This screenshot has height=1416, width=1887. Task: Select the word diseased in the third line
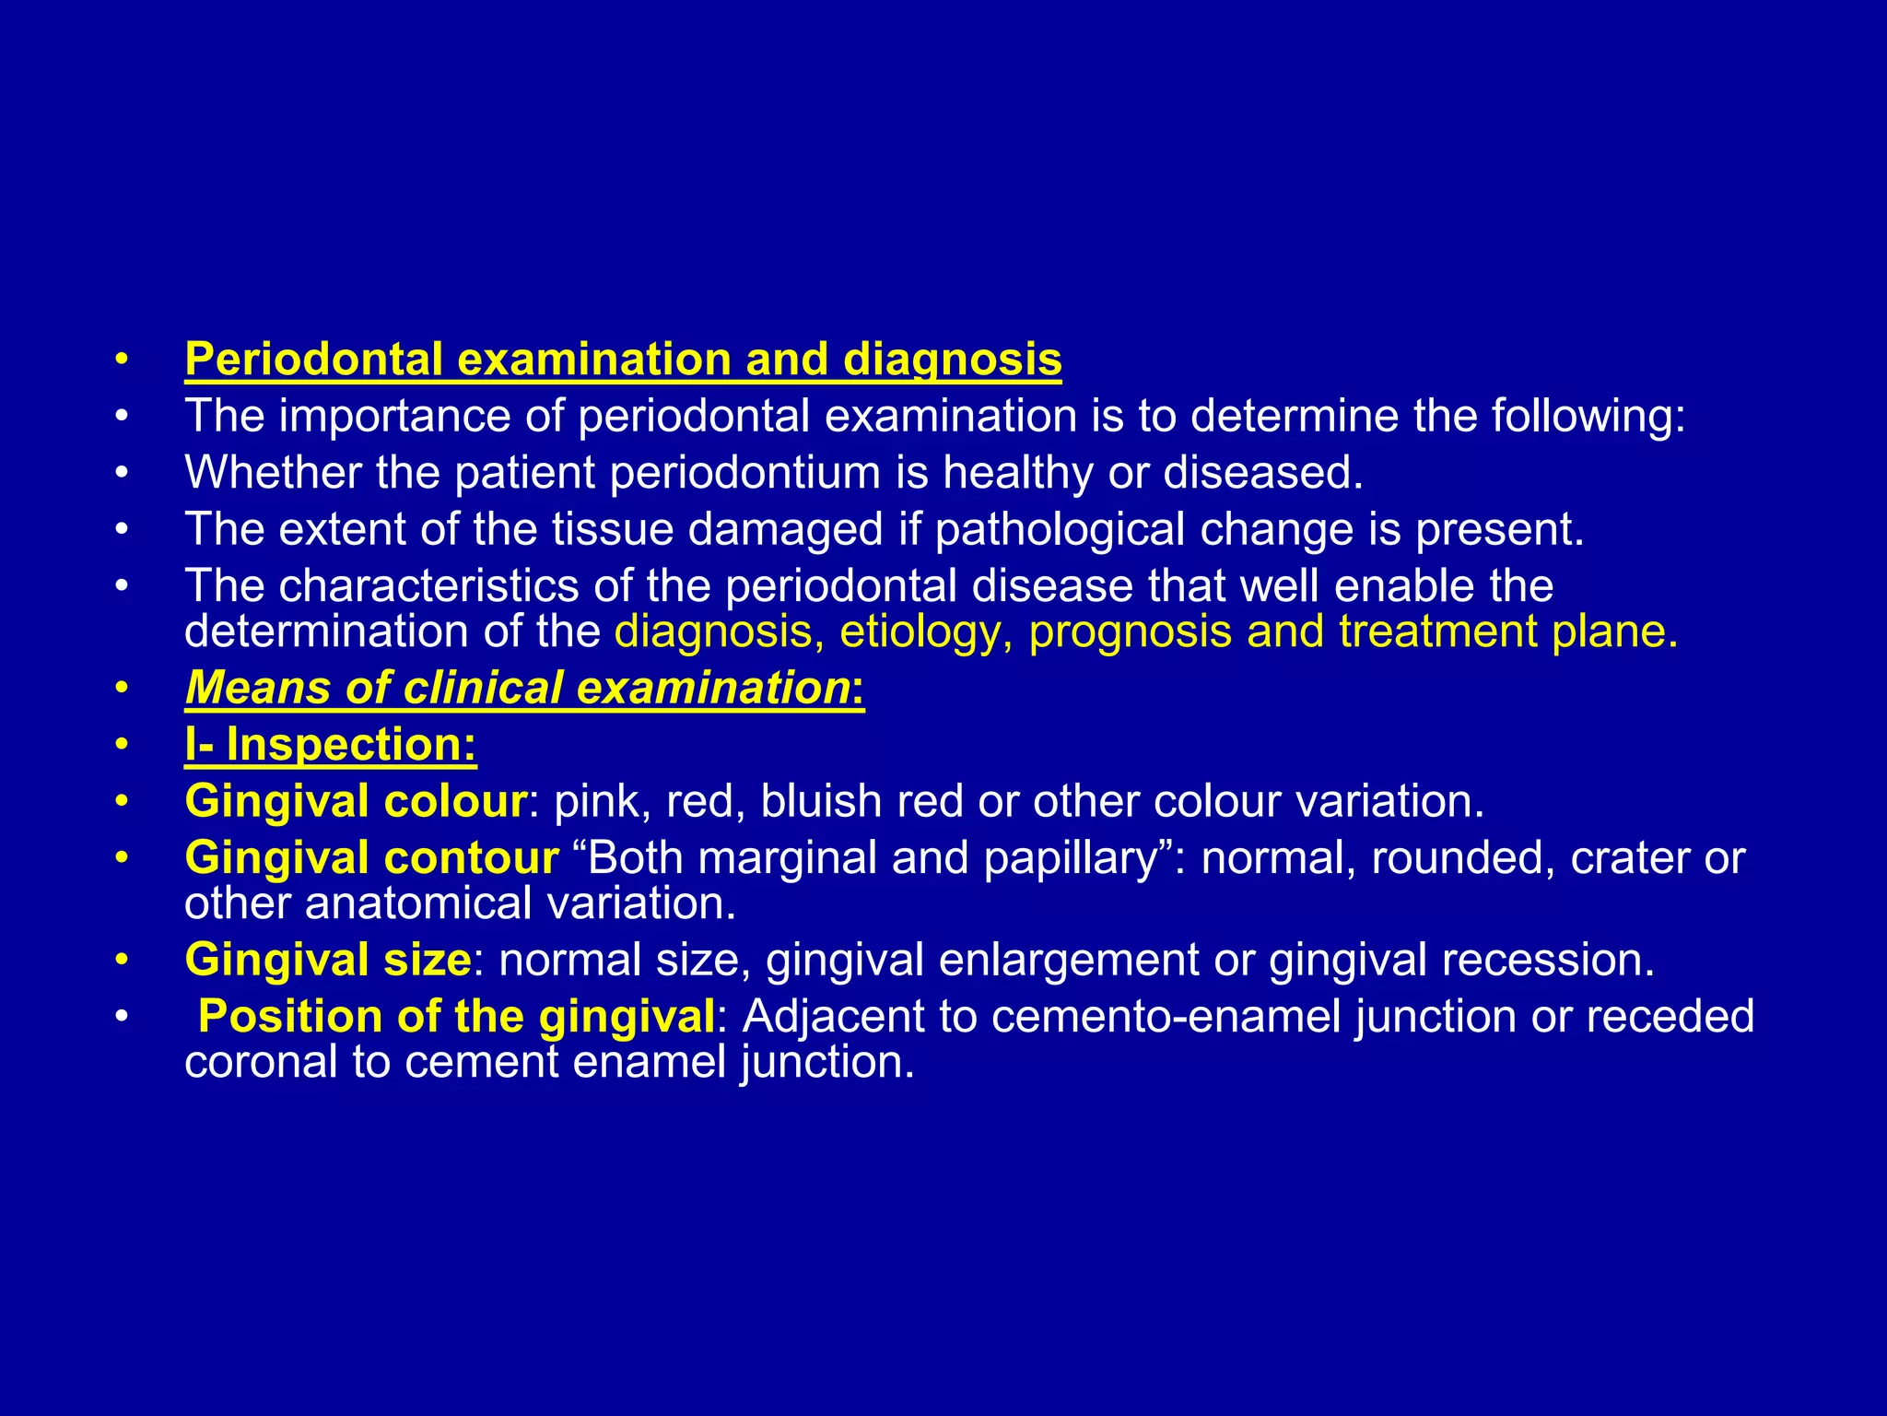[1262, 473]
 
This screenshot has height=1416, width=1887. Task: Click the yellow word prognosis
[1130, 632]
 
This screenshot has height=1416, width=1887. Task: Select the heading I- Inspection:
[331, 745]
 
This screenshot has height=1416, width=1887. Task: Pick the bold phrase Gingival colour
[356, 801]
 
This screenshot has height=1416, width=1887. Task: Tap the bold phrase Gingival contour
[371, 858]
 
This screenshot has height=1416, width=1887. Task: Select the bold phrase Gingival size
[328, 960]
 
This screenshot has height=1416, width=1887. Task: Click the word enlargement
[1069, 960]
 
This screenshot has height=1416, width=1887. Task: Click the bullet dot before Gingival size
[122, 961]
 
